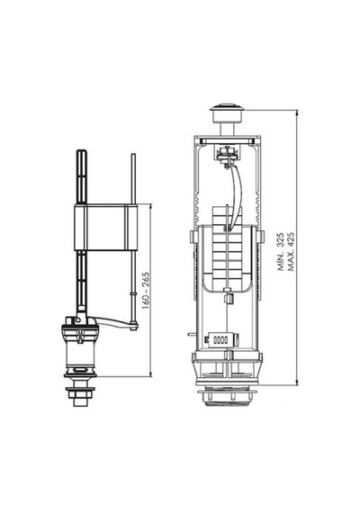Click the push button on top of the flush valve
[227, 112]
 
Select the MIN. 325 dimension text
[281, 252]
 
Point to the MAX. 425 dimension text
[291, 252]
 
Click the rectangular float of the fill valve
[105, 228]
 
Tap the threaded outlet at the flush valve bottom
[227, 397]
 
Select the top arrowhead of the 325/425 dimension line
[297, 112]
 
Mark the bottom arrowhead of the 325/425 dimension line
[297, 382]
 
